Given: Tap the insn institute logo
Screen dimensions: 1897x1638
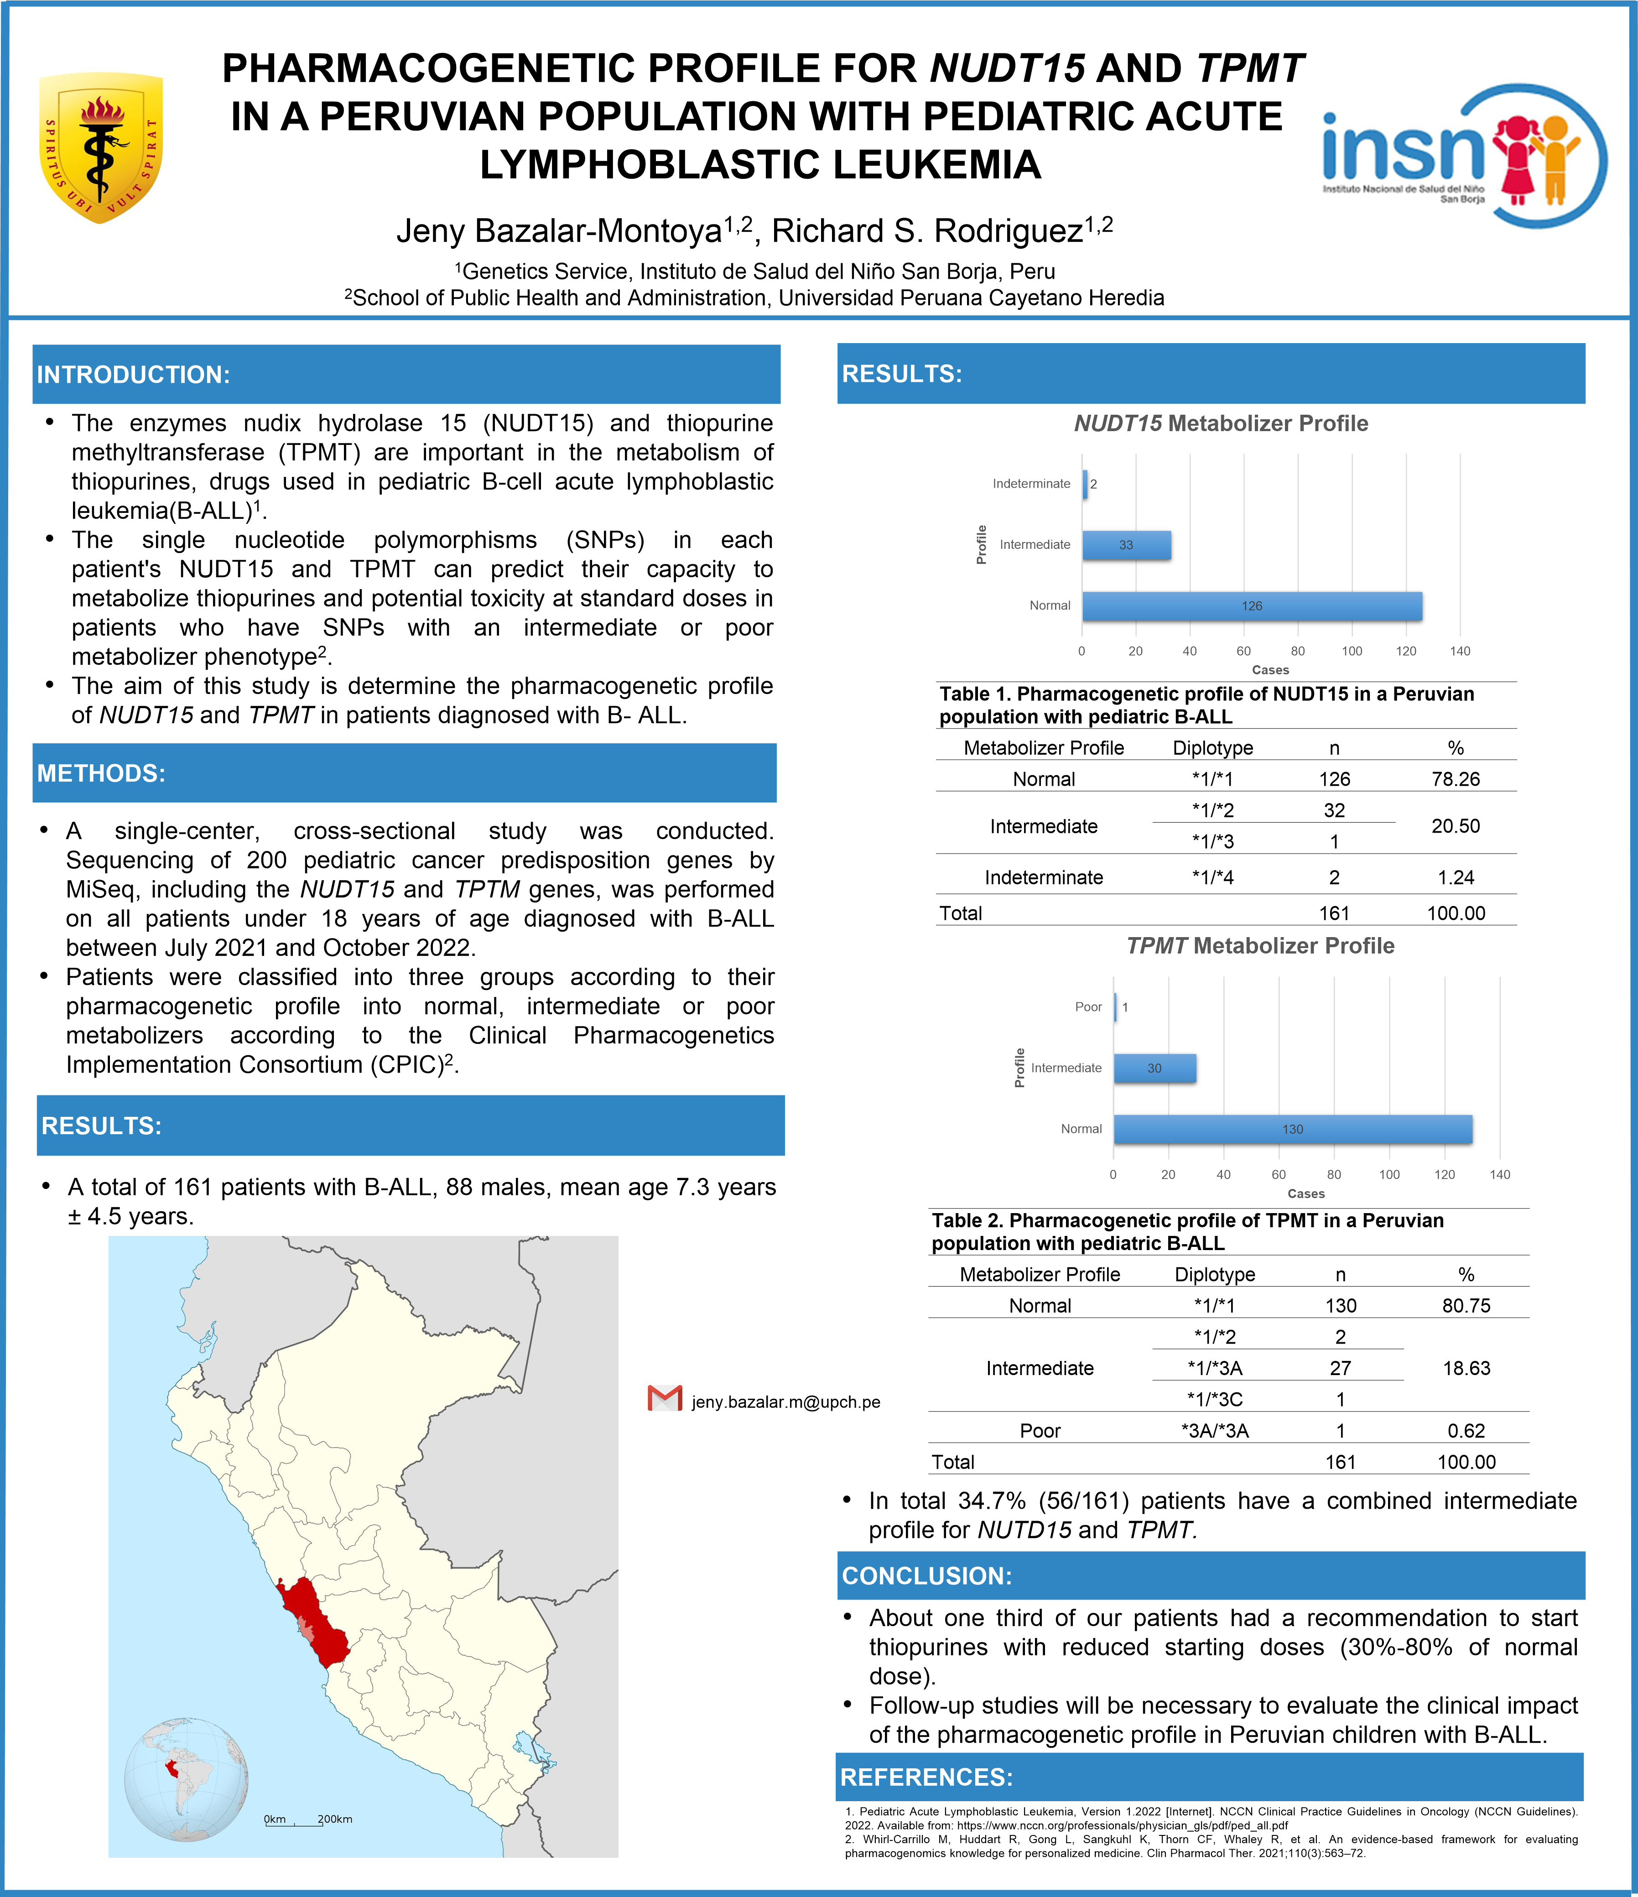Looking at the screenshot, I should [x=1463, y=156].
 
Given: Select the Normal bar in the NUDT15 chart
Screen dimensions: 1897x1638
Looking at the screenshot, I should [x=1252, y=606].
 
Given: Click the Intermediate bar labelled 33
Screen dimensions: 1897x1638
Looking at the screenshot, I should [x=1126, y=545].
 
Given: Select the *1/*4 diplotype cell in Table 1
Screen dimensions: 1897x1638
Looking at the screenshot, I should [x=1212, y=877].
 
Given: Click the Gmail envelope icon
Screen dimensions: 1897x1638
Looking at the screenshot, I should [x=665, y=1398].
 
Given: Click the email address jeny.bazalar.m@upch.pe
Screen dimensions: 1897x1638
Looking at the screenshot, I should [x=785, y=1402].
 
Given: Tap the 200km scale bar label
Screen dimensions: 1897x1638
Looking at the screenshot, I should [x=335, y=1819].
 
